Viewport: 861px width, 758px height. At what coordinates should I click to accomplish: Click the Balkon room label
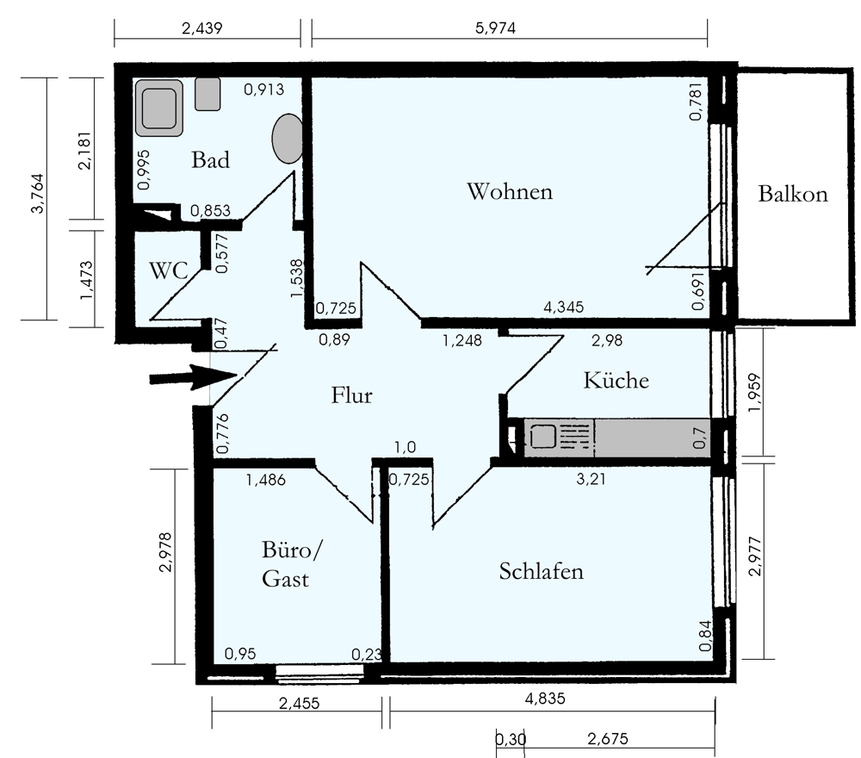(x=792, y=194)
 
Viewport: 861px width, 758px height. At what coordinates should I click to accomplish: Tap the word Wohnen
(x=509, y=191)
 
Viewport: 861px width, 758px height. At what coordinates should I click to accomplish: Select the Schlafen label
(x=541, y=571)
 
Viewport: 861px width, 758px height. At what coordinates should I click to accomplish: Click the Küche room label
(x=615, y=380)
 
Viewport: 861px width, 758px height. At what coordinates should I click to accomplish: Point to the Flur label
(x=351, y=395)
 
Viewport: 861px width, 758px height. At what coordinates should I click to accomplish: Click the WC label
(x=168, y=270)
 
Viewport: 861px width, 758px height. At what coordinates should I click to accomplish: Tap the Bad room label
(x=210, y=159)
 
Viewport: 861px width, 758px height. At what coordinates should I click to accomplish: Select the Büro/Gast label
(x=289, y=564)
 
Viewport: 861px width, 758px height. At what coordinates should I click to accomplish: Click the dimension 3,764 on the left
(x=35, y=198)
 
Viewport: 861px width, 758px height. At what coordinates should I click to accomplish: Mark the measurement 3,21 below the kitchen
(x=592, y=480)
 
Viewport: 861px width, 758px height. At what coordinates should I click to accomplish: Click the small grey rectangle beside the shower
(x=208, y=94)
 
